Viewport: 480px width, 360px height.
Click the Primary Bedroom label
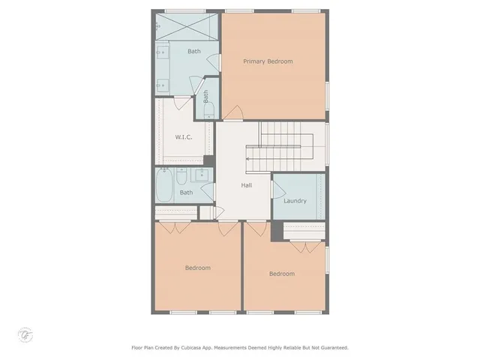[x=268, y=61]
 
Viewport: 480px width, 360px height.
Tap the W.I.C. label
[x=184, y=137]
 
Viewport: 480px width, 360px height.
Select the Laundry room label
[x=295, y=201]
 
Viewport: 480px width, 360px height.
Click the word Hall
[x=246, y=185]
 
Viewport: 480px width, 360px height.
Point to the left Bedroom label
[x=197, y=268]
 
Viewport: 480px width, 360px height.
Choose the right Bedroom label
[x=282, y=274]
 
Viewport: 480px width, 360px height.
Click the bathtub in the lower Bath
[x=164, y=185]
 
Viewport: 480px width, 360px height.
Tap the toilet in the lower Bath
[x=182, y=178]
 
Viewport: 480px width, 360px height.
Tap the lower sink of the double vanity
[x=162, y=85]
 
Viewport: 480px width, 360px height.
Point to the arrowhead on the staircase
[x=248, y=159]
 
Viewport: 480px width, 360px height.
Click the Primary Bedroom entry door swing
[x=234, y=114]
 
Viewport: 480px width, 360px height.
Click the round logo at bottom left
[x=25, y=333]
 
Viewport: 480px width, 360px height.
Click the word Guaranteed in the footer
[x=331, y=348]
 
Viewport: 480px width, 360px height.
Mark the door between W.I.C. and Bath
[x=183, y=103]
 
